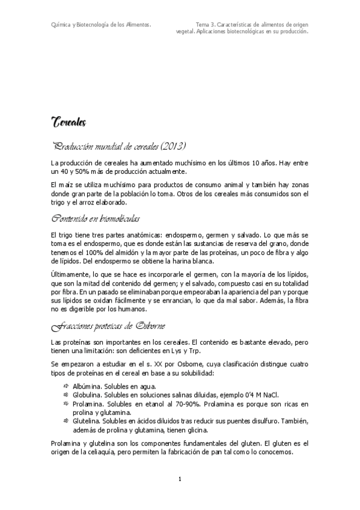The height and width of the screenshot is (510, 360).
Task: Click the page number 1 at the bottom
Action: pyautogui.click(x=180, y=479)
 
